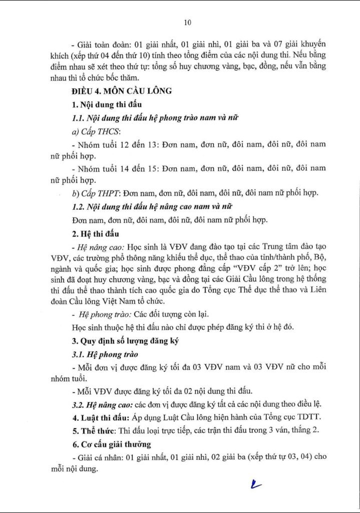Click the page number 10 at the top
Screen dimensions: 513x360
tap(188, 22)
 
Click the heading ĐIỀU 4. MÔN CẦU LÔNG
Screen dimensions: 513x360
tap(122, 91)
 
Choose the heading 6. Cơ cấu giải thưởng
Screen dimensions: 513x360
tap(113, 444)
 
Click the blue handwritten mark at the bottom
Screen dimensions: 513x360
tap(256, 484)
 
